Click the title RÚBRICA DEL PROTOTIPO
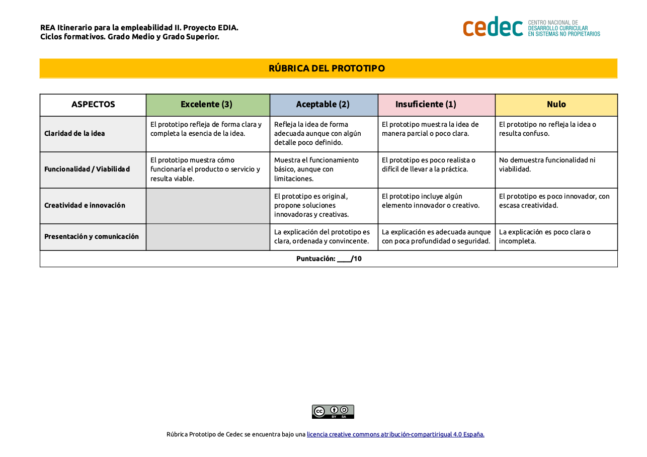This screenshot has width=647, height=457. click(x=327, y=68)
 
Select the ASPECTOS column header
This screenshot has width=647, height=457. click(x=93, y=105)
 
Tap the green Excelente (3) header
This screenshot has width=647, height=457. click(x=207, y=105)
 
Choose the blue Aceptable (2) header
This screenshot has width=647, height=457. click(x=322, y=105)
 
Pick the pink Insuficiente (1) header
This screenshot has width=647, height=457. click(x=426, y=105)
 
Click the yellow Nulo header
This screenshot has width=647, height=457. click(x=556, y=105)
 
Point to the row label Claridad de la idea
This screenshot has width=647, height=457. click(x=74, y=134)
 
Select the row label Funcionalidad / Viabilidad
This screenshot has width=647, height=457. click(x=87, y=169)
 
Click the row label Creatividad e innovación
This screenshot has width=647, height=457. click(x=85, y=206)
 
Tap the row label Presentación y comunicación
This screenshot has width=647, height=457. click(x=92, y=237)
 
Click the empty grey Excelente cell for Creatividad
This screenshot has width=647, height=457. click(x=208, y=206)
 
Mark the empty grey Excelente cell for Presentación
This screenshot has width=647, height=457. click(x=208, y=237)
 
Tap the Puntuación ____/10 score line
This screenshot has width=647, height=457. click(x=329, y=259)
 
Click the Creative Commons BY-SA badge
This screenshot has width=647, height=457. click(x=333, y=412)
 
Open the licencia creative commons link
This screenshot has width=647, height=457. click(x=395, y=434)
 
